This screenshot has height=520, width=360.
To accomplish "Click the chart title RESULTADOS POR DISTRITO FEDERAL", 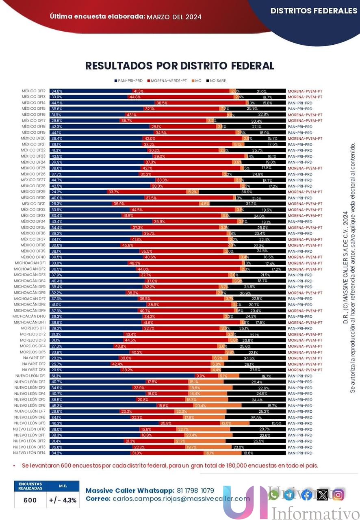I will (180, 66).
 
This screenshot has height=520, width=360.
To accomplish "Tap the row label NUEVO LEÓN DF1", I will (30, 376).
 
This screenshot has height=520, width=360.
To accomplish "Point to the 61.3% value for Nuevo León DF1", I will (56, 376).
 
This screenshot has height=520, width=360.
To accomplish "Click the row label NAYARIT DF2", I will (34, 364).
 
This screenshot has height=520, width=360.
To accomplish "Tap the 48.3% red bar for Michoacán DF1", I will (187, 263).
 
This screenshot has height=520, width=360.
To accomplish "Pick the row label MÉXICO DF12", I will (33, 91).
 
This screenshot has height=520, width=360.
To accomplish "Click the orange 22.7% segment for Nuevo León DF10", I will (203, 429).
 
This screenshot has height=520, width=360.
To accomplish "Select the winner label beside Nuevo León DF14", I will (300, 453).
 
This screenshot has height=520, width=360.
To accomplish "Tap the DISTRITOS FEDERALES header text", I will (314, 11).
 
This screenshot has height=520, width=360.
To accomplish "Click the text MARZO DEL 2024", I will (174, 17).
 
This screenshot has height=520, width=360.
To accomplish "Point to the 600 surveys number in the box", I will (30, 500).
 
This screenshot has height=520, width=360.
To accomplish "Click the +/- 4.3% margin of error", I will (63, 500).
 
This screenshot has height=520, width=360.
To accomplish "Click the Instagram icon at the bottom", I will (338, 494).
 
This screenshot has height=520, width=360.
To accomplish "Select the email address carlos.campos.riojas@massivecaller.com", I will (181, 498).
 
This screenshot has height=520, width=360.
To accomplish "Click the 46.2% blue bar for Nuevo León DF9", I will (102, 423).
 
